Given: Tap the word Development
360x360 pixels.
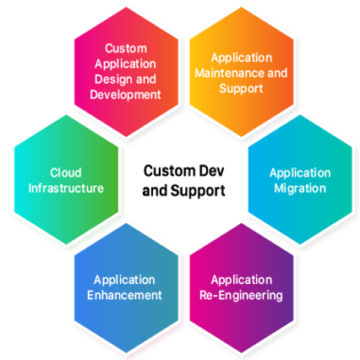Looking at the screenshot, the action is [x=126, y=95].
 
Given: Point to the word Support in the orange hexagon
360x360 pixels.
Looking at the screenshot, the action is [x=241, y=89].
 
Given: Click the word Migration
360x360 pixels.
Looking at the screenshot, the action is [x=300, y=188].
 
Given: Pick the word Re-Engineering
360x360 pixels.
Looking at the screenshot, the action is [x=241, y=296].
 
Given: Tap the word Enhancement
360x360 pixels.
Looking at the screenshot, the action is [x=124, y=295].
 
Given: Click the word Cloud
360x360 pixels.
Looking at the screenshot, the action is [x=66, y=172].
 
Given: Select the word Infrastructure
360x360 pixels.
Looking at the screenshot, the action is [x=66, y=188].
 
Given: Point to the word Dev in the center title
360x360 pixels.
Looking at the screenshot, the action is [x=212, y=171].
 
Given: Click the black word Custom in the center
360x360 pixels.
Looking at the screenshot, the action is [x=170, y=171].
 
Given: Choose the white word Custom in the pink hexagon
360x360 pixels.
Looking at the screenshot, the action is [x=126, y=48].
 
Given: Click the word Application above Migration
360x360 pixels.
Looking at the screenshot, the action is [x=300, y=173].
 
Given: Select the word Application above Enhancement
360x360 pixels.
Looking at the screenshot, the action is [x=124, y=281].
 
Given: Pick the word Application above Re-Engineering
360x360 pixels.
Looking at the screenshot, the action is [x=242, y=281].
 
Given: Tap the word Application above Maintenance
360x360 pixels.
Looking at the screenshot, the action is [x=242, y=58].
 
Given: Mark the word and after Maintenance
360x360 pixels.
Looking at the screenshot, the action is [x=277, y=74].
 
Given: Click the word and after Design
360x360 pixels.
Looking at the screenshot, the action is [x=146, y=79].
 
